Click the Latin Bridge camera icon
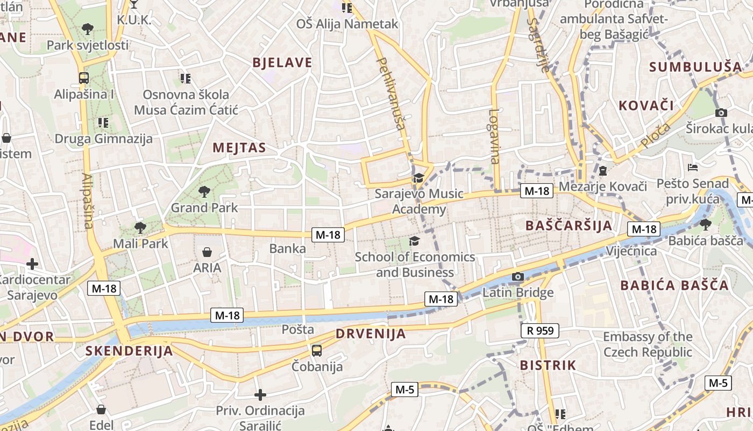[518, 277]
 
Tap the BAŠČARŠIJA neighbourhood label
[569, 225]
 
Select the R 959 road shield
[540, 330]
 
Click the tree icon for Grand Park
[204, 191]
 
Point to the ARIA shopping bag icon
[207, 252]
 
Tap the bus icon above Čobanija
[317, 351]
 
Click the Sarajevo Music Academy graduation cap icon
[418, 178]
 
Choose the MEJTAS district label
[239, 148]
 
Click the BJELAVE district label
[282, 62]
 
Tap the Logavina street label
[494, 136]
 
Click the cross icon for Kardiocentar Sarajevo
[32, 264]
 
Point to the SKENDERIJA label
[129, 351]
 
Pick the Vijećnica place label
[631, 251]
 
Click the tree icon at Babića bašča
[706, 224]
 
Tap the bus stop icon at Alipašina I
[84, 78]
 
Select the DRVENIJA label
[371, 333]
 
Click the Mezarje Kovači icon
[602, 171]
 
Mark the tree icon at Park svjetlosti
[88, 29]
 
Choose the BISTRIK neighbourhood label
[548, 365]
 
